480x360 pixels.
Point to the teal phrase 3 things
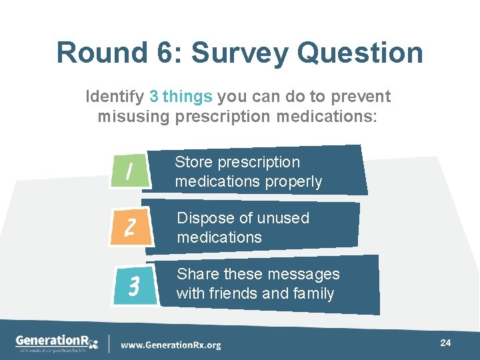tap(181, 97)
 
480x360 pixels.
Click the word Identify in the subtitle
tap(115, 97)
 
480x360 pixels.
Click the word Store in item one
tap(193, 163)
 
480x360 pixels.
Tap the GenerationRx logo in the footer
tap(57, 343)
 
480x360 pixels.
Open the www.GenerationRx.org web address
tap(171, 345)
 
